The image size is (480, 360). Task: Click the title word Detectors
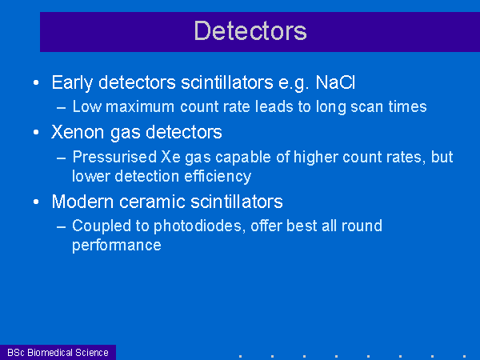tap(250, 30)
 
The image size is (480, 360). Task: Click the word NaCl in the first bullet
tap(335, 82)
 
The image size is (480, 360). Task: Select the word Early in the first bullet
tap(72, 83)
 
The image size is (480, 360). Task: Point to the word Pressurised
tap(114, 157)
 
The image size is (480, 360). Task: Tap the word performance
tap(117, 246)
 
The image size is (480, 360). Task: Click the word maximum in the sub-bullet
tap(140, 107)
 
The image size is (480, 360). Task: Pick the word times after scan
tap(407, 106)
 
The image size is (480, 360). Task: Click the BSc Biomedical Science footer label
tap(58, 352)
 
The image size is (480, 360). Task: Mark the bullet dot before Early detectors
tap(36, 82)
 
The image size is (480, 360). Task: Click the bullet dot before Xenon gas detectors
tap(36, 132)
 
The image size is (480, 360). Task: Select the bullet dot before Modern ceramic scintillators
tap(36, 202)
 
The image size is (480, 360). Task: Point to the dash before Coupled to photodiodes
tap(62, 227)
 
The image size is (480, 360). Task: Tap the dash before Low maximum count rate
tap(62, 108)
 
